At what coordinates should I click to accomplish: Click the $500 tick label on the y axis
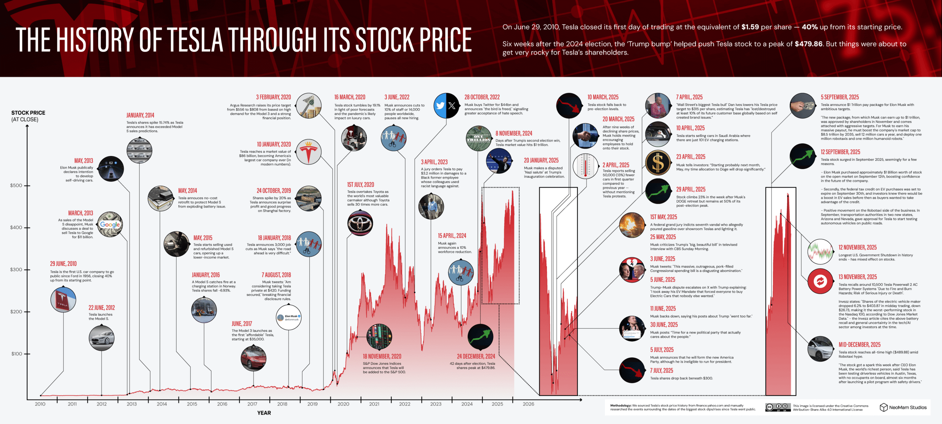[x=16, y=185]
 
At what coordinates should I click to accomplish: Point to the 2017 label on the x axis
[x=252, y=404]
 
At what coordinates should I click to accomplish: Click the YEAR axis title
[x=264, y=413]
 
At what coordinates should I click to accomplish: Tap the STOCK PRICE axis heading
[x=28, y=113]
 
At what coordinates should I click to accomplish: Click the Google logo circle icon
[x=110, y=225]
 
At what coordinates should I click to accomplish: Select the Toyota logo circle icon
[x=360, y=223]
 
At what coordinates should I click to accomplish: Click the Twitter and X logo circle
[x=446, y=106]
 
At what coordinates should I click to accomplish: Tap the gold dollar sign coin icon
[x=658, y=163]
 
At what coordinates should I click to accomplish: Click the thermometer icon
[x=585, y=166]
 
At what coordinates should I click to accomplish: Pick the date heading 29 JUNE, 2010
[x=63, y=264]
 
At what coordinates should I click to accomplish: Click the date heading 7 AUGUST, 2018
[x=276, y=275]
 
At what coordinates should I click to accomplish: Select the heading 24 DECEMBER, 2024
[x=476, y=357]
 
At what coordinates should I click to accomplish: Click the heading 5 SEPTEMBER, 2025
[x=840, y=97]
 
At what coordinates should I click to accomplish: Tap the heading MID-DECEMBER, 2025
[x=859, y=345]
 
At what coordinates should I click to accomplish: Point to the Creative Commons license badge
[x=778, y=407]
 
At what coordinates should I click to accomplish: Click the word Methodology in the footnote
[x=620, y=406]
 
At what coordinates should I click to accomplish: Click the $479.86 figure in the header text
[x=808, y=44]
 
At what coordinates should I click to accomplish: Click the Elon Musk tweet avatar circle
[x=288, y=317]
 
